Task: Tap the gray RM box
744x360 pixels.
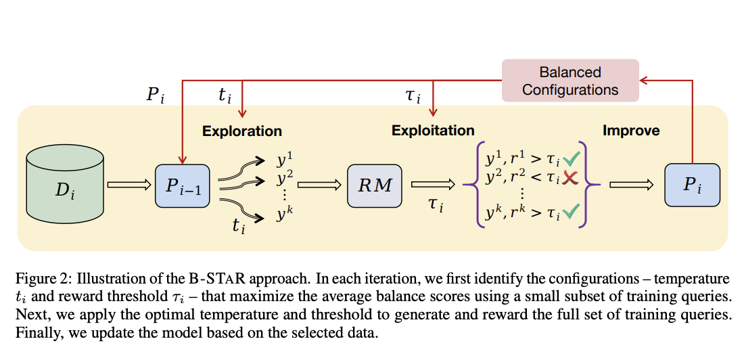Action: (x=374, y=185)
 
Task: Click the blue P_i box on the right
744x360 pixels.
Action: (x=691, y=185)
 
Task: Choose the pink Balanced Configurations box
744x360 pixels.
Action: (x=570, y=81)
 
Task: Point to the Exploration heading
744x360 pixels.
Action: (x=241, y=131)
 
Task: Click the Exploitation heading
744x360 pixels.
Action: (x=433, y=131)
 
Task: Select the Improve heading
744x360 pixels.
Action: (x=631, y=131)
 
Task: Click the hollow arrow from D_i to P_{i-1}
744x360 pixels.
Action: (x=129, y=185)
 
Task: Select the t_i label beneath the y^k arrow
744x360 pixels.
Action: (x=239, y=225)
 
